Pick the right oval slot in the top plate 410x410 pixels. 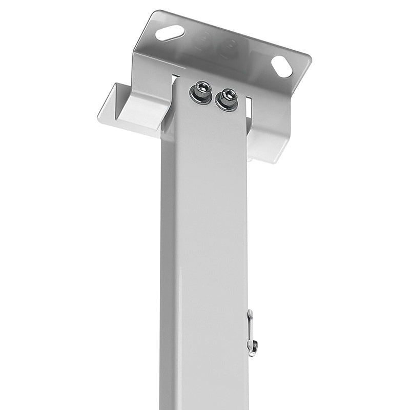coord(281,67)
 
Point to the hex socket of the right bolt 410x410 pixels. coord(228,95)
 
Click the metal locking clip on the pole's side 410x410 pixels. coord(251,333)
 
